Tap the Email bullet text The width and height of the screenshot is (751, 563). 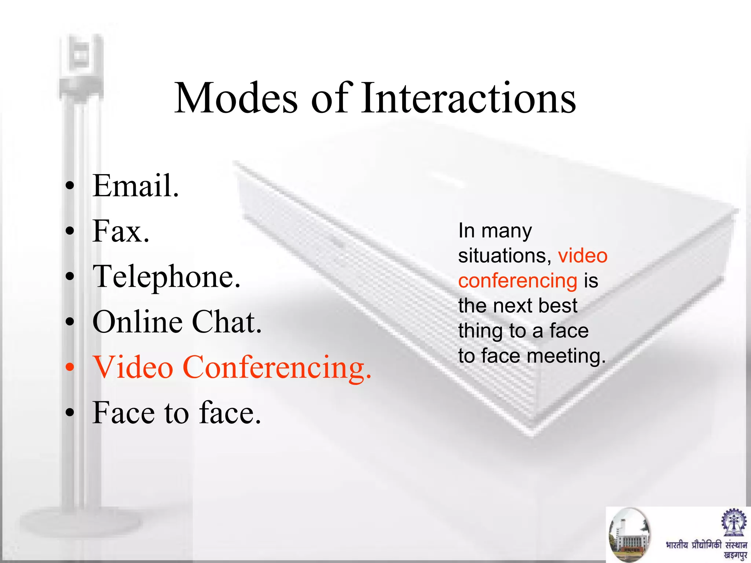pos(136,186)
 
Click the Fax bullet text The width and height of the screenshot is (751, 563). pos(121,231)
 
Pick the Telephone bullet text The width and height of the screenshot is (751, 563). pos(166,277)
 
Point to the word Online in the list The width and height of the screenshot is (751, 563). pos(138,322)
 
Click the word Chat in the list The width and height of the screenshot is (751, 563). pos(227,322)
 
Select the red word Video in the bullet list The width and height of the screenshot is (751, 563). pos(133,367)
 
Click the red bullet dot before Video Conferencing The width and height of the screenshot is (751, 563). pos(70,367)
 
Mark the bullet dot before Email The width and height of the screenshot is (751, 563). pos(70,186)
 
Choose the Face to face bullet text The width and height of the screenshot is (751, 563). pos(176,413)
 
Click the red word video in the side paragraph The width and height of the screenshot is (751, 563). pos(583,255)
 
